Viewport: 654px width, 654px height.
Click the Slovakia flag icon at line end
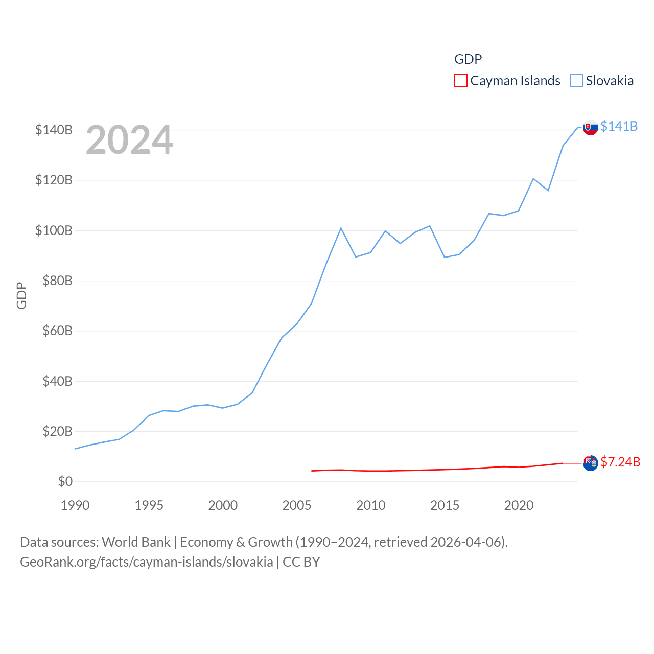coord(590,127)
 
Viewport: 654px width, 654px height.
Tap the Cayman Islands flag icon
coord(590,463)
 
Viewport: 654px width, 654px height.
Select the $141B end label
coord(619,126)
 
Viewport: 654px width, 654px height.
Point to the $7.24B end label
coord(620,462)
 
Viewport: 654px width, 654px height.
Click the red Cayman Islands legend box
coord(460,81)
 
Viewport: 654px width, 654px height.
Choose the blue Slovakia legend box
coord(576,81)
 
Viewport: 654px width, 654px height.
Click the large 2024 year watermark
coord(129,140)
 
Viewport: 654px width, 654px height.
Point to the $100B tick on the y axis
coord(54,230)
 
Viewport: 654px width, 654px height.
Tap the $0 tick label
coord(65,481)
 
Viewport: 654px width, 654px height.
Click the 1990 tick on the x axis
coord(75,505)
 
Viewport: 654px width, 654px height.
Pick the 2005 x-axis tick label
coord(297,505)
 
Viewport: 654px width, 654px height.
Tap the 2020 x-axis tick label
coord(519,505)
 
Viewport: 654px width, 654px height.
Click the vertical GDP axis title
coord(21,295)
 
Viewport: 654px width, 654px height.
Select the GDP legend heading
coord(468,59)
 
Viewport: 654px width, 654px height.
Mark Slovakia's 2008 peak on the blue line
coord(341,228)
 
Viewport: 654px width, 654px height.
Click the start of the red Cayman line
coord(312,471)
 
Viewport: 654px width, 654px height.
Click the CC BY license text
coord(301,562)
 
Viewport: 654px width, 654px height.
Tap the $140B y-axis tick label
coord(54,130)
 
